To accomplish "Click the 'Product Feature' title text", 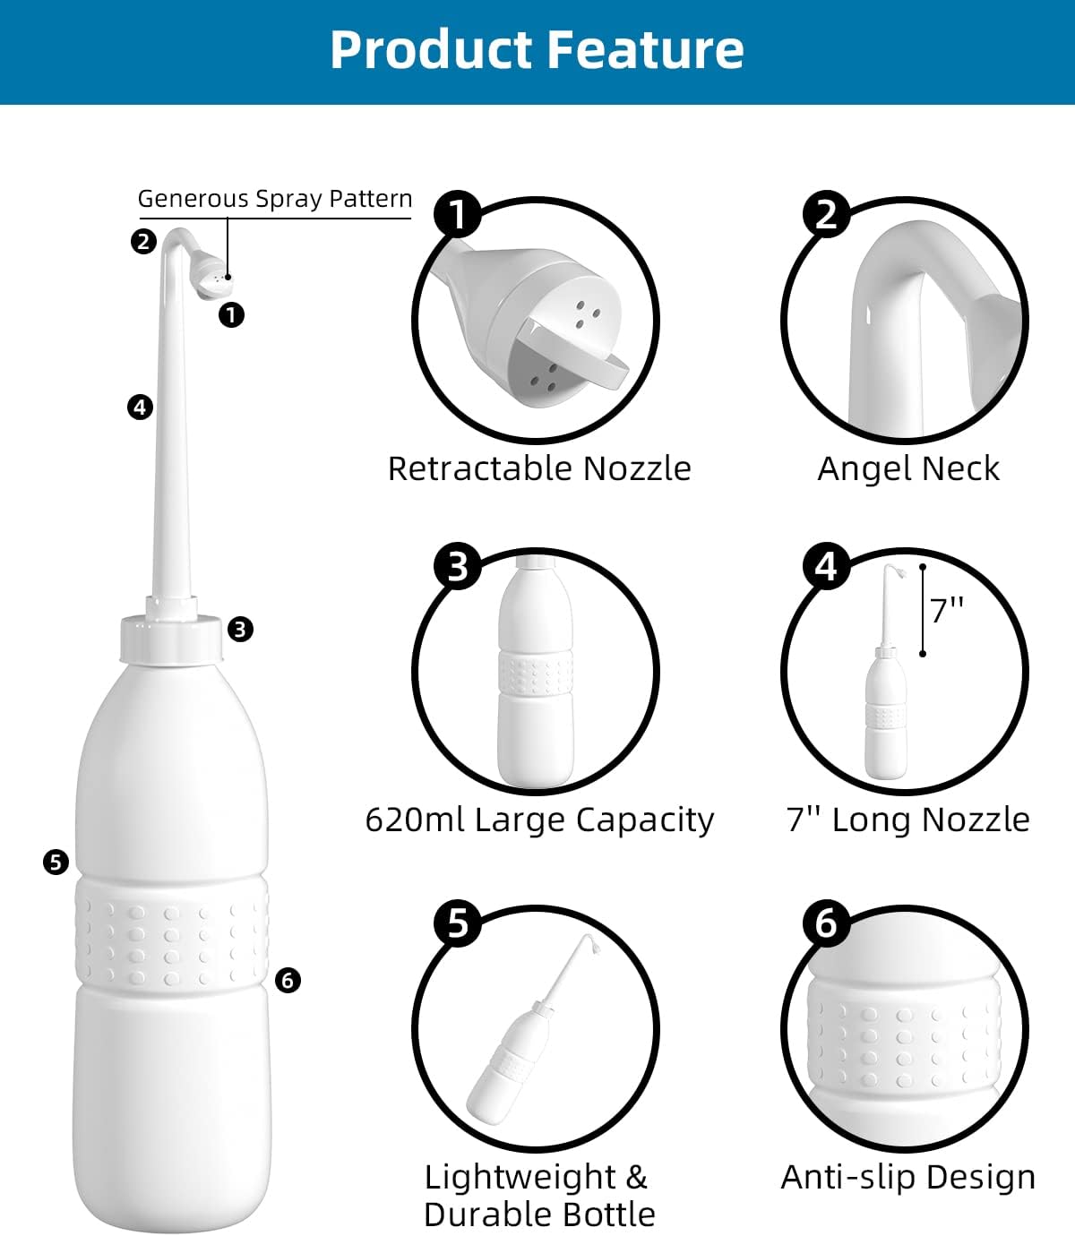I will (x=537, y=49).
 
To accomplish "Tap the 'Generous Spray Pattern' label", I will (x=275, y=199).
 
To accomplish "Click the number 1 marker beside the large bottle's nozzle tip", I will (x=231, y=315).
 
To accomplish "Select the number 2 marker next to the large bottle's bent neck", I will (x=143, y=241).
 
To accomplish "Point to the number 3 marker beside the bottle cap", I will (x=240, y=630).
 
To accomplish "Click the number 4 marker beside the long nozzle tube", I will (x=140, y=408).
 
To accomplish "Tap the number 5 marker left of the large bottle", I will (x=56, y=863).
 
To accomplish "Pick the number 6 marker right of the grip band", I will (x=287, y=981).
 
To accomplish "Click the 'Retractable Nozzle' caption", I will (x=539, y=468).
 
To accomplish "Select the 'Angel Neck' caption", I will (x=908, y=468).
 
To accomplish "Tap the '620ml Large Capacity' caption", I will (x=539, y=820).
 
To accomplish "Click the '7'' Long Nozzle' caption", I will (x=908, y=820).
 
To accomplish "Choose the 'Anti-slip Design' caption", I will (x=908, y=1177).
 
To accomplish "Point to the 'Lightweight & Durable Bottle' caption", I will (x=539, y=1196).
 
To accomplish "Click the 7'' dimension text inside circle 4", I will (x=947, y=610).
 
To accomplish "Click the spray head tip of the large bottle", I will (x=215, y=279).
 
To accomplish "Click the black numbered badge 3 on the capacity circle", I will (x=458, y=567).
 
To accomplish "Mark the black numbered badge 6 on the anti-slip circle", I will (x=826, y=923).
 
